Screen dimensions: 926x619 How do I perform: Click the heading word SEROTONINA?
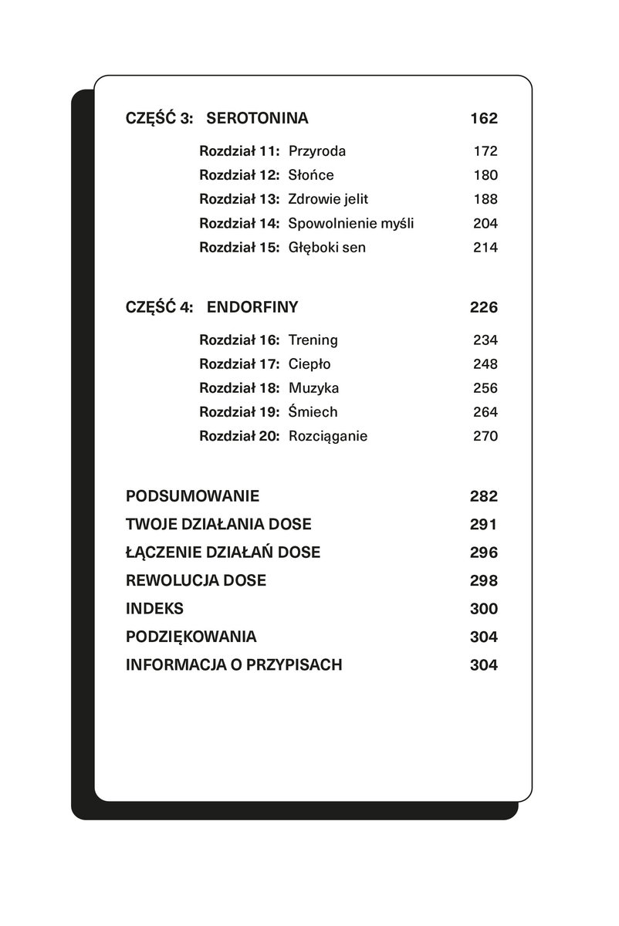pyautogui.click(x=258, y=119)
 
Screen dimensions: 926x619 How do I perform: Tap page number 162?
pyautogui.click(x=483, y=119)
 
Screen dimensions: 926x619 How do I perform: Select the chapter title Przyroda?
pyautogui.click(x=316, y=151)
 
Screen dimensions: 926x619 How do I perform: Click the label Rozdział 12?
pyautogui.click(x=238, y=175)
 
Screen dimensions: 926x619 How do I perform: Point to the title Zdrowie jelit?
pyautogui.click(x=328, y=199)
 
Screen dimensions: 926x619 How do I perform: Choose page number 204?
pyautogui.click(x=485, y=224)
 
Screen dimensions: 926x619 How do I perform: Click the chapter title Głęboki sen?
pyautogui.click(x=326, y=248)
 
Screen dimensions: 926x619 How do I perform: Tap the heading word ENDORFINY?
pyautogui.click(x=252, y=307)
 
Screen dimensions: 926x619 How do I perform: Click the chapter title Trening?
pyautogui.click(x=313, y=340)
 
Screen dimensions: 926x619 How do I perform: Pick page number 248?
pyautogui.click(x=485, y=364)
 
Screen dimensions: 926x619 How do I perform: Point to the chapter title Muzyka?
pyautogui.click(x=313, y=388)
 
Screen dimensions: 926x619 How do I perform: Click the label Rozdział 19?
pyautogui.click(x=238, y=412)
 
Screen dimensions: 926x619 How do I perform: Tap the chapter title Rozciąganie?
pyautogui.click(x=327, y=436)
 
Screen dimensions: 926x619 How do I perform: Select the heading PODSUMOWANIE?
pyautogui.click(x=193, y=496)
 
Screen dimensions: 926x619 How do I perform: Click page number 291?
pyautogui.click(x=483, y=525)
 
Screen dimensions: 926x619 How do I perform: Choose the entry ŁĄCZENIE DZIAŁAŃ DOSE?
pyautogui.click(x=222, y=553)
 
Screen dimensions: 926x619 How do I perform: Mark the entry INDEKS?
pyautogui.click(x=154, y=609)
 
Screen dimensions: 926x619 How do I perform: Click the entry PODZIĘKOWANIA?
pyautogui.click(x=191, y=637)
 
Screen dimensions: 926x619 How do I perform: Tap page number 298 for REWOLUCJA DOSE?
pyautogui.click(x=483, y=581)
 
